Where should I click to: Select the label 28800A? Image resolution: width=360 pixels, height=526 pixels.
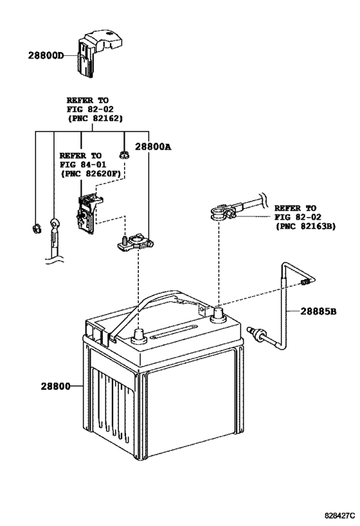[154, 146]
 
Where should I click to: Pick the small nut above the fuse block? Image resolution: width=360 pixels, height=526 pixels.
[124, 154]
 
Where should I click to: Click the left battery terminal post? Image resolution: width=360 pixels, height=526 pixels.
[137, 335]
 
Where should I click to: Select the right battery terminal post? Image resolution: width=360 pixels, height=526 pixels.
[217, 314]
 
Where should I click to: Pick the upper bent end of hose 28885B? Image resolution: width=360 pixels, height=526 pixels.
[306, 281]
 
